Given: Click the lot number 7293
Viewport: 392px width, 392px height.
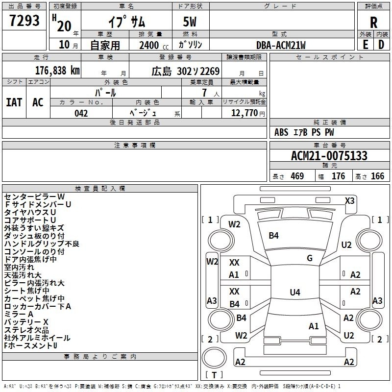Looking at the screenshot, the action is pyautogui.click(x=24, y=20).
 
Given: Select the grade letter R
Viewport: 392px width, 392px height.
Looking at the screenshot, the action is pyautogui.click(x=373, y=23).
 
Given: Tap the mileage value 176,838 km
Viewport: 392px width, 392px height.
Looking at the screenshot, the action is pyautogui.click(x=57, y=71).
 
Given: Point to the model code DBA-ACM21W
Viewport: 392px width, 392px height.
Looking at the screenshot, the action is pyautogui.click(x=281, y=45).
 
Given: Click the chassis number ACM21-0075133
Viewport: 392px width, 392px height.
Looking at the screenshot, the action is pyautogui.click(x=329, y=155).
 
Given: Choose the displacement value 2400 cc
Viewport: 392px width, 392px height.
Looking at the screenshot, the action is pyautogui.click(x=154, y=45).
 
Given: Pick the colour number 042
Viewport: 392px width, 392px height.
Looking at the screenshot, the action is pyautogui.click(x=81, y=113).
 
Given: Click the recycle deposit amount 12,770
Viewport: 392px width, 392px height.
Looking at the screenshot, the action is pyautogui.click(x=244, y=113).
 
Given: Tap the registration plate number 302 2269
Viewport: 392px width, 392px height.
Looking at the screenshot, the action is pyautogui.click(x=198, y=72).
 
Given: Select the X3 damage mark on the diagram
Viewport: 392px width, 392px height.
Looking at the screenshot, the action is pyautogui.click(x=349, y=201).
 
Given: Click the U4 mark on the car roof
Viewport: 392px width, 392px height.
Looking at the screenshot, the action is pyautogui.click(x=295, y=292).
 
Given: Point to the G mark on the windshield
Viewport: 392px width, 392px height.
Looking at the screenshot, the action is pyautogui.click(x=310, y=258).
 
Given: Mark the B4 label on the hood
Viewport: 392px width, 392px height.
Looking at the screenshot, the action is pyautogui.click(x=273, y=235).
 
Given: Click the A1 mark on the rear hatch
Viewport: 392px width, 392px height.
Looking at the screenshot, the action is pyautogui.click(x=314, y=326).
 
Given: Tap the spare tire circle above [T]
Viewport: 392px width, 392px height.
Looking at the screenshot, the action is pyautogui.click(x=214, y=358).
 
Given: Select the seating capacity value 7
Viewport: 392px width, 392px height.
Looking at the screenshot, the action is pyautogui.click(x=204, y=93).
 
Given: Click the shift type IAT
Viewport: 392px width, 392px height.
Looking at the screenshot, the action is pyautogui.click(x=14, y=102).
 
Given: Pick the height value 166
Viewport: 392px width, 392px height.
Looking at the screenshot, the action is pyautogui.click(x=377, y=176).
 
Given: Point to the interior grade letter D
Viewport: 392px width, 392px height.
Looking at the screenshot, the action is pyautogui.click(x=381, y=45).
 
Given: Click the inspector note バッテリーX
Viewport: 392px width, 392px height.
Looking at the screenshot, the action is pyautogui.click(x=26, y=322).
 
